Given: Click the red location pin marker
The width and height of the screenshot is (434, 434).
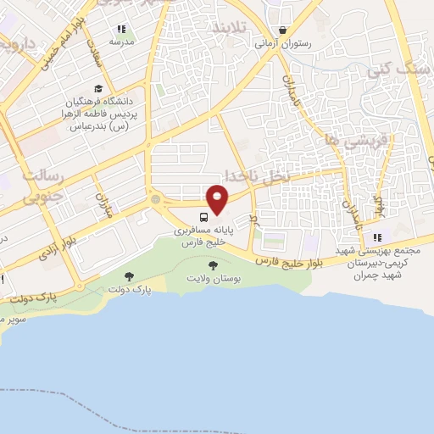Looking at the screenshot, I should [x=218, y=198].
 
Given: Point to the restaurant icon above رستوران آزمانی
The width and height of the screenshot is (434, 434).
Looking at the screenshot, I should [x=292, y=31].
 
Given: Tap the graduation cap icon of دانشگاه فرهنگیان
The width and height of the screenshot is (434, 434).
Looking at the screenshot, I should [x=98, y=88].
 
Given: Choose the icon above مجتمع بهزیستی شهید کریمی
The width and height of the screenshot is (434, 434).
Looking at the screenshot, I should [x=379, y=237].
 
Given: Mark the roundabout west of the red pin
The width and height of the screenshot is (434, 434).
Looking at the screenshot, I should [x=155, y=199].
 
